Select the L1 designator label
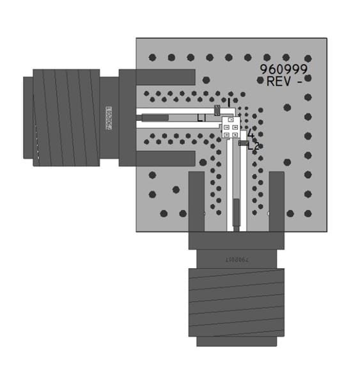201,118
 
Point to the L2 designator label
254,147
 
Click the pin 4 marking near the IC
251,134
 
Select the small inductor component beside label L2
243,143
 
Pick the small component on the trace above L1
217,109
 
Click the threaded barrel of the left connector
66,118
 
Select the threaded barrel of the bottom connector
235,301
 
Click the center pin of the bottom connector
236,214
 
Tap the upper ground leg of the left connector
164,77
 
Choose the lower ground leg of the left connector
164,158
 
